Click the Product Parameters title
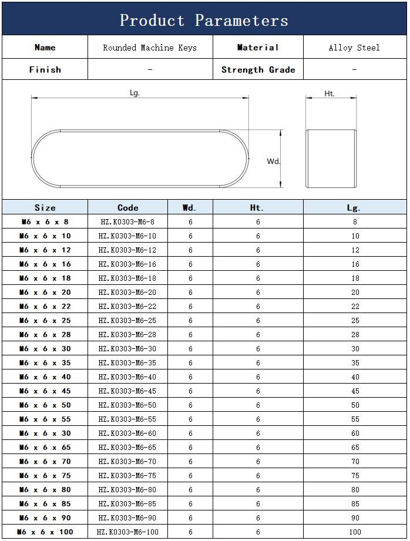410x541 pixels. (204, 21)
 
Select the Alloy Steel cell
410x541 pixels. (354, 48)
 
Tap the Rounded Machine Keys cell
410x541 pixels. (150, 48)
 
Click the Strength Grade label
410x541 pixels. (258, 69)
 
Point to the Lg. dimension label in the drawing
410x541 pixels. (135, 93)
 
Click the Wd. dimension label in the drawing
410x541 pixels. (274, 161)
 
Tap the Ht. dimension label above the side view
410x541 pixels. (330, 93)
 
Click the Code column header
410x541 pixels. (127, 207)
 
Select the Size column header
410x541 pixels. (45, 207)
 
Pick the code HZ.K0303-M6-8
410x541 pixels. (127, 221)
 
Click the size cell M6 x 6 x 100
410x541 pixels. (45, 532)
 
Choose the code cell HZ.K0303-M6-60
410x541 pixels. (127, 433)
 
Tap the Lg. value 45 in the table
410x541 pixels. (355, 391)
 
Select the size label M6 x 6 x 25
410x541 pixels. (45, 320)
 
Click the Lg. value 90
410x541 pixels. (355, 518)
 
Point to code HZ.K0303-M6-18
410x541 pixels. (127, 278)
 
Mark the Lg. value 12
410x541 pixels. (355, 250)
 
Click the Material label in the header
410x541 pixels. (258, 48)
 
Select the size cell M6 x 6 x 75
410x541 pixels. (45, 475)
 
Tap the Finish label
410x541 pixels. (45, 69)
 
